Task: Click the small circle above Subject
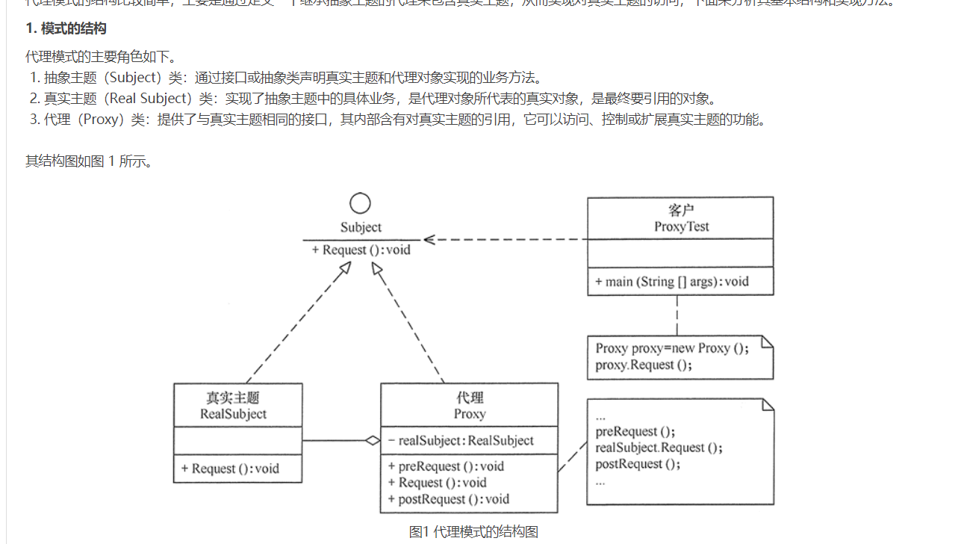coord(361,203)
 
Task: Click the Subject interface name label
coord(361,227)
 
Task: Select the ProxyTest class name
coord(681,226)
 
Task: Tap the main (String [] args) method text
coord(672,282)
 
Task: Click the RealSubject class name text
coord(233,414)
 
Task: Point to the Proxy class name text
coord(469,414)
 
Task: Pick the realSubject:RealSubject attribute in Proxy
coord(461,441)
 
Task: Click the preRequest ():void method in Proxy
coord(446,466)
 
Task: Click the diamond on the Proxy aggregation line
coord(373,441)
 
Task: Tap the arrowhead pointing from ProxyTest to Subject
coord(429,240)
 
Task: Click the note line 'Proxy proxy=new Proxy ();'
coord(671,348)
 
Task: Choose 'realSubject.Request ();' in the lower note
coord(659,448)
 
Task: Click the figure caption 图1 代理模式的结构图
coord(473,532)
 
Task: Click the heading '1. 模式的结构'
coord(66,29)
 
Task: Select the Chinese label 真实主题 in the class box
coord(233,398)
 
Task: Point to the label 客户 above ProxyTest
coord(681,211)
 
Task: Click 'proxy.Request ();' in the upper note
coord(644,365)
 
